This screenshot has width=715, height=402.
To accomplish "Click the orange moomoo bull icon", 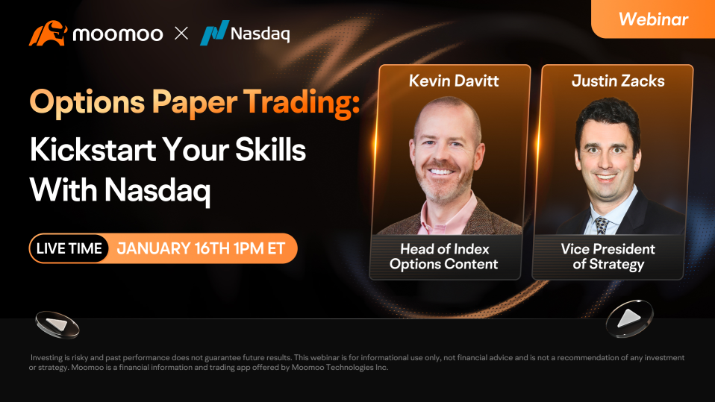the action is tap(48, 33).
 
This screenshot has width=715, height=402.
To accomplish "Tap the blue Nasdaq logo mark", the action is tap(214, 32).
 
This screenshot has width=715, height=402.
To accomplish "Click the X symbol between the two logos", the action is tap(181, 33).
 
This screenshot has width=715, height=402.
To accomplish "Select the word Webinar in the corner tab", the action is tap(654, 19).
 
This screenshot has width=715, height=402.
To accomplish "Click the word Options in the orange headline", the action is tap(87, 102).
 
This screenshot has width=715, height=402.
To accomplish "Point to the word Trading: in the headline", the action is tap(302, 101).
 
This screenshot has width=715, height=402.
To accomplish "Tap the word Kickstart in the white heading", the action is tap(93, 149).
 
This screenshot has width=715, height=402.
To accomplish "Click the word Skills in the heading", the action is tap(270, 149).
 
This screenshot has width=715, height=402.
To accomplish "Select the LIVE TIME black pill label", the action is tap(69, 248).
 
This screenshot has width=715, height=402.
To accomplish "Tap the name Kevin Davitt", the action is tap(454, 81).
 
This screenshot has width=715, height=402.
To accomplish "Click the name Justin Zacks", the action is tap(618, 81).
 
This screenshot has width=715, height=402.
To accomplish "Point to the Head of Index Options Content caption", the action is tap(443, 256).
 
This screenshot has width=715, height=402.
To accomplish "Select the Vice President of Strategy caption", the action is tap(608, 256).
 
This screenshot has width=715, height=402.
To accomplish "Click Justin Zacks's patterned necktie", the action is tap(602, 225).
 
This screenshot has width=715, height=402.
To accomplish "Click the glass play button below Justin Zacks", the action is tap(629, 318).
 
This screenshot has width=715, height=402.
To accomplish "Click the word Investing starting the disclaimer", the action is tap(46, 358).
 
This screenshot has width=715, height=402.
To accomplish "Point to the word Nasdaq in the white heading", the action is tap(157, 190).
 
